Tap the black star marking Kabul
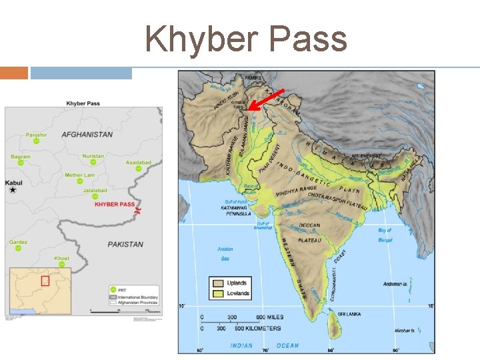13,190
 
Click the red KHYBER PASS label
114,205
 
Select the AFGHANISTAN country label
87,135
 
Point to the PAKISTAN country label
125,245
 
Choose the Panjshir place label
37,135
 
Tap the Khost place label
62,258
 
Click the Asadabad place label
139,162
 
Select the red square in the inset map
45,280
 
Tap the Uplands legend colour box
217,283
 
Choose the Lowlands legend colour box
217,293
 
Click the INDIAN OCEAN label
265,345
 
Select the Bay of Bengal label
385,234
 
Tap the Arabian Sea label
225,253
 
